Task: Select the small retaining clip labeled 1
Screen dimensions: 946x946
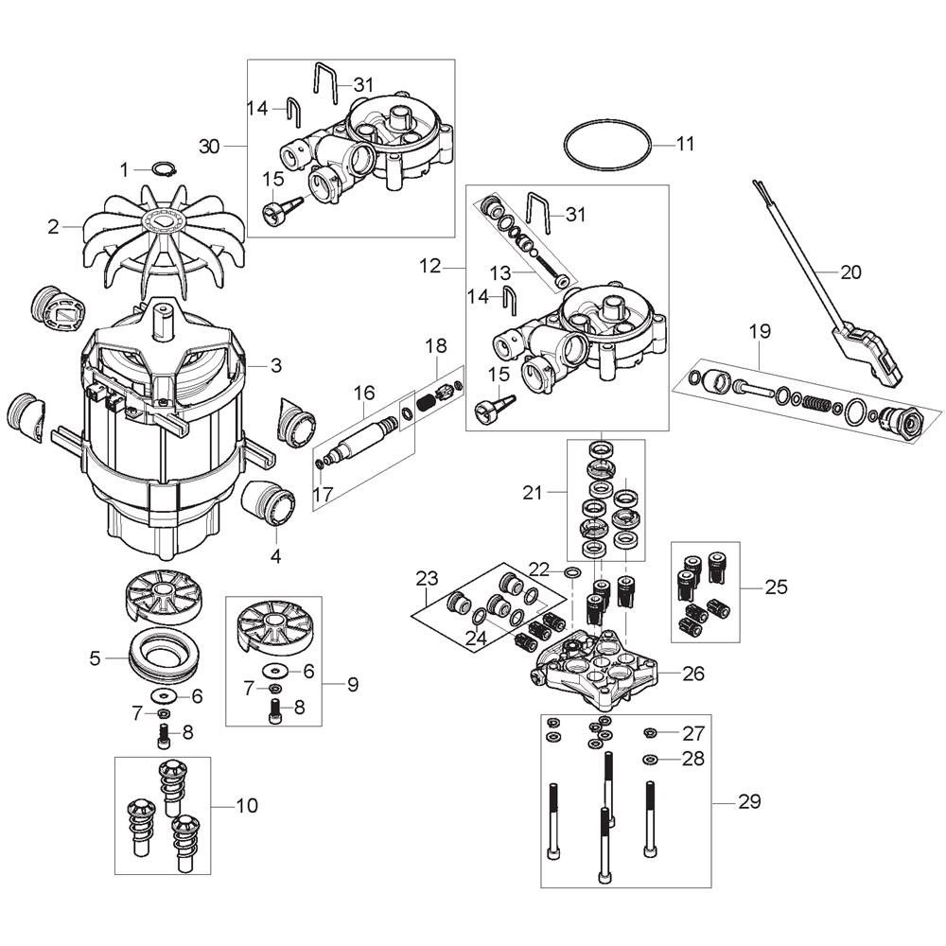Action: pyautogui.click(x=166, y=170)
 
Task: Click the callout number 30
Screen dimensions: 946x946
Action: pyautogui.click(x=209, y=146)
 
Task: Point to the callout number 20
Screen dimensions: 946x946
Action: pyautogui.click(x=850, y=272)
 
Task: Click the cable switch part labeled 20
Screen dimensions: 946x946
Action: pyautogui.click(x=866, y=350)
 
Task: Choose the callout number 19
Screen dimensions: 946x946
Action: pyautogui.click(x=760, y=332)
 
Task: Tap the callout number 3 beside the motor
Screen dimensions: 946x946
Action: pyautogui.click(x=276, y=365)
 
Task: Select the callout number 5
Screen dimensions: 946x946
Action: pyautogui.click(x=95, y=657)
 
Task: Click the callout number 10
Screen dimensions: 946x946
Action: pyautogui.click(x=246, y=806)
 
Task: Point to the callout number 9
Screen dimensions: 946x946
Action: pyautogui.click(x=352, y=685)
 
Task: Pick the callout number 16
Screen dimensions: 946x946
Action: pyautogui.click(x=365, y=392)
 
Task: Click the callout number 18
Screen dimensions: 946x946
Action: pyautogui.click(x=435, y=346)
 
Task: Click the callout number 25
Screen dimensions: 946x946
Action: pyautogui.click(x=776, y=587)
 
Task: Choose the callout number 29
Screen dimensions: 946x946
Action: pyautogui.click(x=749, y=802)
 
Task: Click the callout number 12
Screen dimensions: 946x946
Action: pyautogui.click(x=429, y=267)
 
